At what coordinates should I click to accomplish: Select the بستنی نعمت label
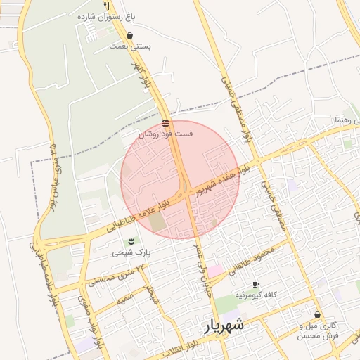coord(129,46)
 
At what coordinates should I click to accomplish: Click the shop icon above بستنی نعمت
coord(130,36)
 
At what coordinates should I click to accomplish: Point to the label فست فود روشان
coord(164,133)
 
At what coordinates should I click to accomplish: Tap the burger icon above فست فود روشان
coord(165,123)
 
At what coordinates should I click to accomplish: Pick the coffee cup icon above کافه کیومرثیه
coord(255,284)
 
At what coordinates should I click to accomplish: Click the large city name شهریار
coord(224,326)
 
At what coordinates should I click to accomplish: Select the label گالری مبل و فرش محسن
coord(318,330)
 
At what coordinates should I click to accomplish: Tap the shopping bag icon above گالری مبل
coord(318,314)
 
